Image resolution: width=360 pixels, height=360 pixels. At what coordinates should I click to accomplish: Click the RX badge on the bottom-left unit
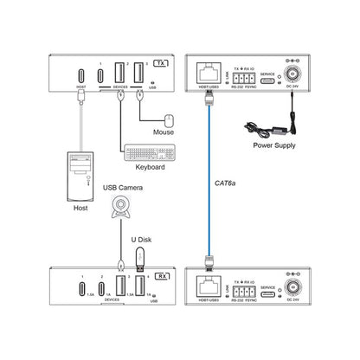161,277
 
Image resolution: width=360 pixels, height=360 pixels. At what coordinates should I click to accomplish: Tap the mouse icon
169,122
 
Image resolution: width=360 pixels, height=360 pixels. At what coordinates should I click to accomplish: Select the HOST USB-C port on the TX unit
81,75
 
